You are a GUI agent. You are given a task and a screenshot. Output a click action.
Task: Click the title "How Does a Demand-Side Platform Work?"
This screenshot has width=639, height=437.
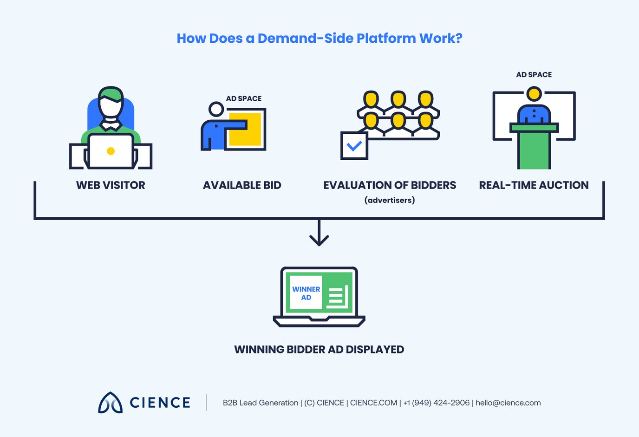[319, 38]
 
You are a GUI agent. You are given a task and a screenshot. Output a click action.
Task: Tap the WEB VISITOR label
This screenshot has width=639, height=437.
[111, 185]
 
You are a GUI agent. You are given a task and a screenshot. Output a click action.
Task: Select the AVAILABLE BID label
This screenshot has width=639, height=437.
[242, 185]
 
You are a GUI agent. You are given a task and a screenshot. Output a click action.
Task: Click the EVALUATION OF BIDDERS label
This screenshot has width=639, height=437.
[390, 185]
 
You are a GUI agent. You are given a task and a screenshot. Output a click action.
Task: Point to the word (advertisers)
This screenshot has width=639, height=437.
[390, 200]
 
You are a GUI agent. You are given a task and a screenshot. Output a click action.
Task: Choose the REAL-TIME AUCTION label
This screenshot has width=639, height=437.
[534, 185]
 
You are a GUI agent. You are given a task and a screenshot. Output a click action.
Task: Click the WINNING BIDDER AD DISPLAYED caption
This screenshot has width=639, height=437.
[319, 349]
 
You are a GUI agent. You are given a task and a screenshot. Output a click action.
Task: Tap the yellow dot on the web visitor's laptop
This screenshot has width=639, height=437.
[111, 151]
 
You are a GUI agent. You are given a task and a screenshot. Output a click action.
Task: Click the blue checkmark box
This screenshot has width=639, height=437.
[354, 146]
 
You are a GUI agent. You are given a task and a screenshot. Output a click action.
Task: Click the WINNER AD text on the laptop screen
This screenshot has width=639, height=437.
[306, 293]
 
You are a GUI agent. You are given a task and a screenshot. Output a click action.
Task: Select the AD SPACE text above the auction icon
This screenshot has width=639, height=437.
[534, 75]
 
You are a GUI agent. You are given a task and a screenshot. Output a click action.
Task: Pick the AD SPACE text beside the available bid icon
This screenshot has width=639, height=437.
[244, 98]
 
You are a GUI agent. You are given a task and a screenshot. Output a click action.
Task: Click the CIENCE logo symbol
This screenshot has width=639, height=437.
[110, 403]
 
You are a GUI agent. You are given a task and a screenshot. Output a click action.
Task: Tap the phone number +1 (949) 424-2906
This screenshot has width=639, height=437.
[436, 403]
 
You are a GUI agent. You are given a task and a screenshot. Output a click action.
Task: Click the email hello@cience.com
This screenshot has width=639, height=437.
[508, 403]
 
